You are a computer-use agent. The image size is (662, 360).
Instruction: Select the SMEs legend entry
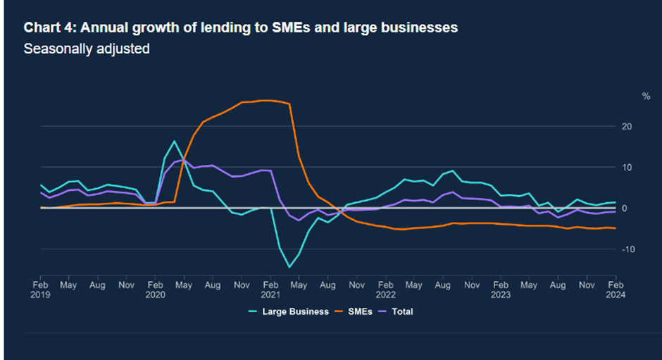click(360, 311)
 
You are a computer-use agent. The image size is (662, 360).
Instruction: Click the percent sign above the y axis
click(646, 96)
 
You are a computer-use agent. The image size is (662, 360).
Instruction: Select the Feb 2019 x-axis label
click(41, 290)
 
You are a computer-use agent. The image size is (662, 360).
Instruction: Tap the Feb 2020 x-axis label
click(156, 290)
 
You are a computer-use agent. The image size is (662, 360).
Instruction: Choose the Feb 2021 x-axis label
click(270, 290)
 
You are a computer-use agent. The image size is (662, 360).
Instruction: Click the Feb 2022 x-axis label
click(385, 290)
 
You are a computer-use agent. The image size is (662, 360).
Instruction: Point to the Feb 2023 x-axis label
click(501, 290)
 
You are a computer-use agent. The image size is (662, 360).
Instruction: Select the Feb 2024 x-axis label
click(616, 290)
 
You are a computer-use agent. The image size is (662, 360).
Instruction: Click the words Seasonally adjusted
click(87, 49)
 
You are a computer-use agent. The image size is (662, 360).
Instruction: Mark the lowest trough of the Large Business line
click(289, 267)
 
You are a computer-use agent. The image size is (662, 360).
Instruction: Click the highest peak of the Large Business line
click(175, 141)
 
